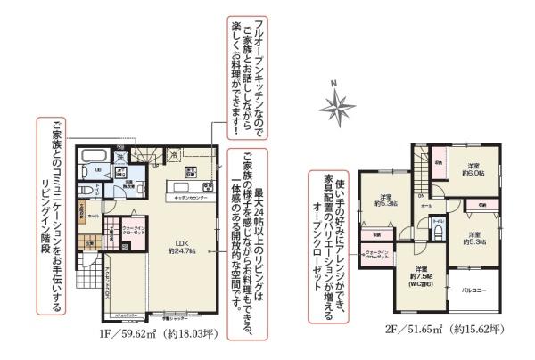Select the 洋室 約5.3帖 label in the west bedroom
click(x=385, y=200)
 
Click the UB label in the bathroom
click(x=98, y=170)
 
